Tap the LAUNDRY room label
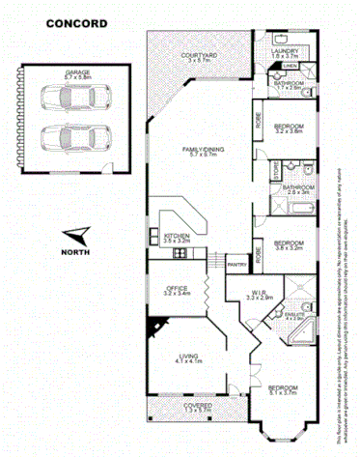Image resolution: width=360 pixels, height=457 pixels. pyautogui.click(x=285, y=52)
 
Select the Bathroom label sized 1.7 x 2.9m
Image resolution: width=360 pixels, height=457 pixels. pyautogui.click(x=286, y=83)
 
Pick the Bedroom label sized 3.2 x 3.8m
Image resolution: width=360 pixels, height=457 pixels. pyautogui.click(x=289, y=128)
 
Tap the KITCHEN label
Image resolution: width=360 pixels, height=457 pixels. pyautogui.click(x=176, y=236)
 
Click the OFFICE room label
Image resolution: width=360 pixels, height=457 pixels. pyautogui.click(x=176, y=289)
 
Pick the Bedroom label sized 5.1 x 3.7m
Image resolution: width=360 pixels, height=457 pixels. pyautogui.click(x=282, y=388)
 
